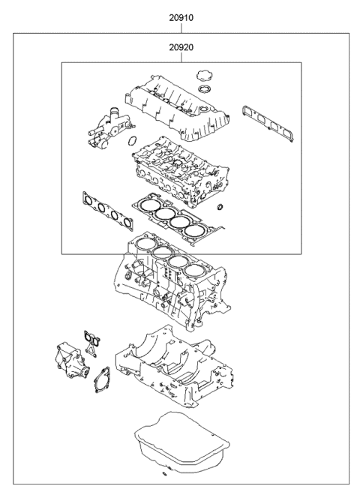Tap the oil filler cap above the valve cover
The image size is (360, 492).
[x=201, y=76]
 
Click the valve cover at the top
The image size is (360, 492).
[x=180, y=105]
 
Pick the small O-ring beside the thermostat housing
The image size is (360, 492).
[x=131, y=140]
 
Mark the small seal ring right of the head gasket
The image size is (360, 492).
[x=220, y=208]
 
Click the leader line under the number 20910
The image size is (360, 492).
[x=180, y=27]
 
